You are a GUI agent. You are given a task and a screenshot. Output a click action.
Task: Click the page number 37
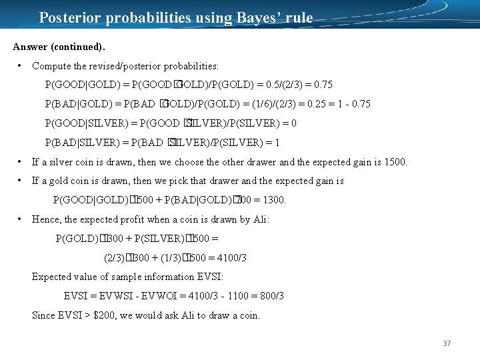[447, 343]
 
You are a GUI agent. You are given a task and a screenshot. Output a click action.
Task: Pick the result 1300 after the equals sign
[273, 200]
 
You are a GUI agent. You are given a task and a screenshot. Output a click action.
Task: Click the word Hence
[45, 219]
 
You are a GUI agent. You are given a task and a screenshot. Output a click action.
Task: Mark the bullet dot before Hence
[21, 219]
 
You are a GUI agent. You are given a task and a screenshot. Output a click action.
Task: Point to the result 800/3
[271, 296]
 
